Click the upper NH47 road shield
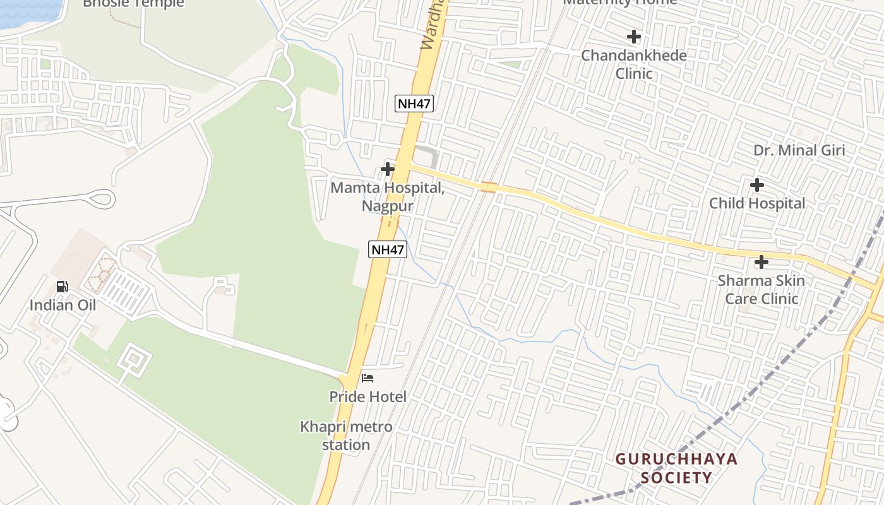[414, 104]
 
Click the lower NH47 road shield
[387, 249]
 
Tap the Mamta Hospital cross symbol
[388, 169]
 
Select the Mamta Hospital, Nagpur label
[388, 197]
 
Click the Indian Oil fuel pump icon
[63, 287]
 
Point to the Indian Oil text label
[63, 306]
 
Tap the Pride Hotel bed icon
[367, 378]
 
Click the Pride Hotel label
[367, 397]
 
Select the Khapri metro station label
[346, 436]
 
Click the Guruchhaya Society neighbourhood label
[676, 468]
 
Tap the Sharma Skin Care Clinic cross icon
[762, 262]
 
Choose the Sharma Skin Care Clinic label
[762, 289]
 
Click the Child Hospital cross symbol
[756, 185]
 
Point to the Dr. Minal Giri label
[799, 150]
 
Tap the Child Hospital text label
[756, 203]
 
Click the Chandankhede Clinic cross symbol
[634, 37]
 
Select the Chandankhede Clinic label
[634, 64]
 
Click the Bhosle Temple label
[133, 4]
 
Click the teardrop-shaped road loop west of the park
[101, 199]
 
